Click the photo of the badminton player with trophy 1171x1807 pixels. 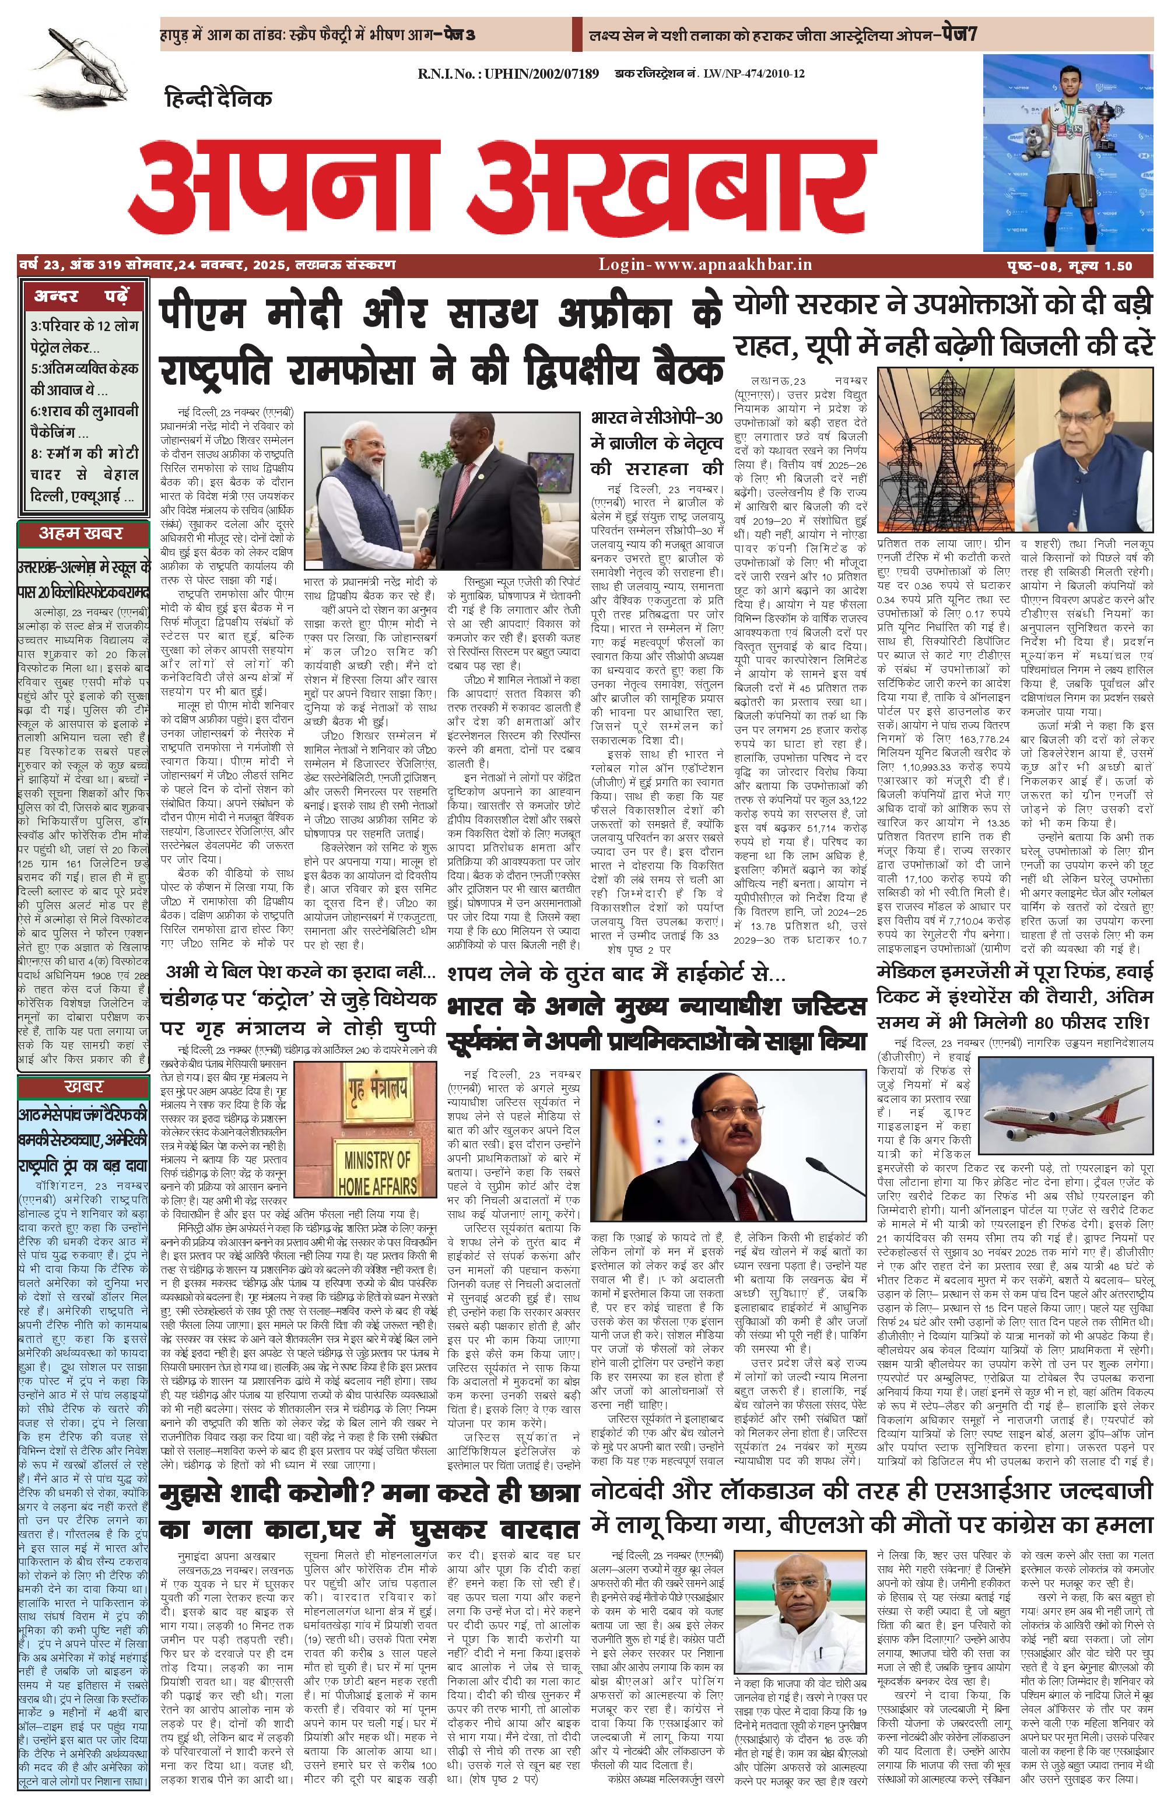coord(1067,153)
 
